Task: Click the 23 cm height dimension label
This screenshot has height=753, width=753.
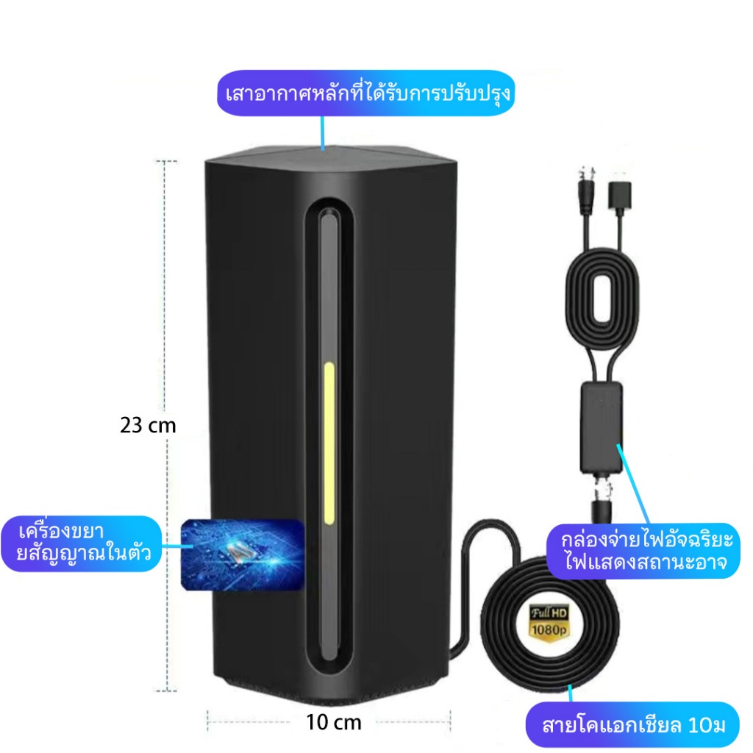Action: tap(148, 425)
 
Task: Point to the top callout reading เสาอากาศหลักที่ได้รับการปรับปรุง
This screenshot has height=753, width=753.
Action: tap(365, 94)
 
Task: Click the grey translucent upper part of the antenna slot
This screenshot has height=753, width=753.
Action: tap(329, 279)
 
